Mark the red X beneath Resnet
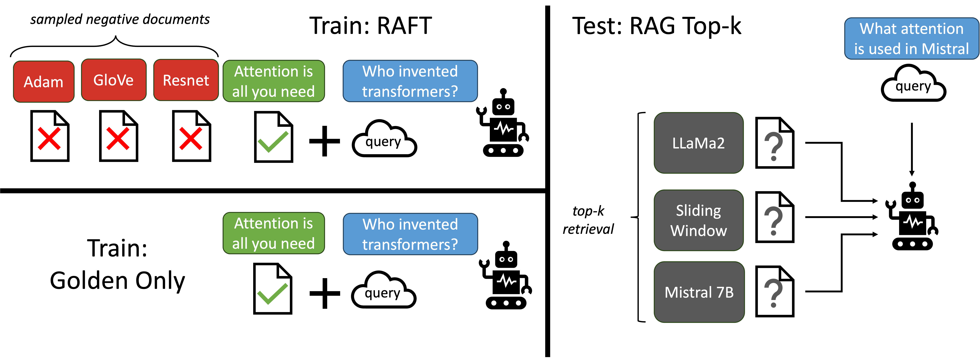(x=191, y=139)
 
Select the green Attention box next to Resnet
(x=274, y=81)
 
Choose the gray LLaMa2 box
(x=699, y=143)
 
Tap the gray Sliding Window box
(x=699, y=220)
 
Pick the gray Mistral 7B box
(x=699, y=292)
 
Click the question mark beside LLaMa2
(x=773, y=146)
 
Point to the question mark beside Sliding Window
(x=773, y=221)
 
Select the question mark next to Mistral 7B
(x=773, y=293)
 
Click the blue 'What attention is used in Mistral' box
(x=912, y=38)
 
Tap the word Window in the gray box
(x=699, y=231)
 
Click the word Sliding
(x=699, y=210)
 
